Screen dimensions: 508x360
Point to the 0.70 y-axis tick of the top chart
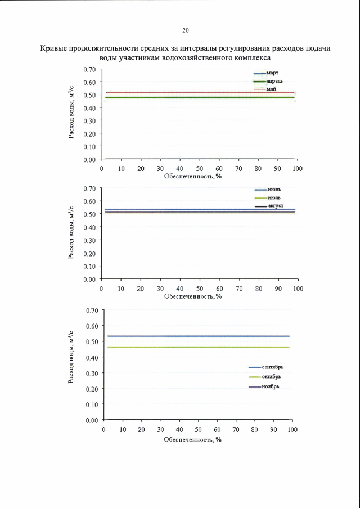[x=89, y=69]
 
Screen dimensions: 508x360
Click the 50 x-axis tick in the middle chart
[x=200, y=289]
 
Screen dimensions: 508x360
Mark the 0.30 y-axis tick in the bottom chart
[x=91, y=373]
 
